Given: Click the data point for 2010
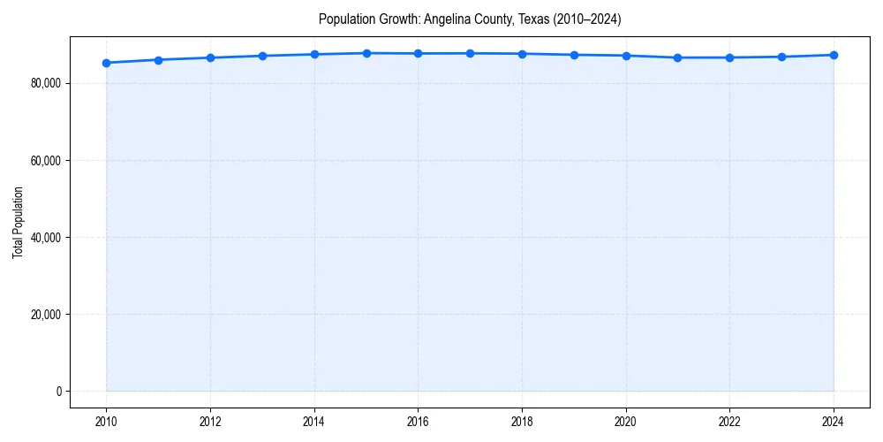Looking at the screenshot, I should point(106,63).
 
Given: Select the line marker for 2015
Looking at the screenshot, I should point(366,53).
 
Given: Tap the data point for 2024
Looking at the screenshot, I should point(834,55).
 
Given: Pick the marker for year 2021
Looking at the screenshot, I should point(677,57).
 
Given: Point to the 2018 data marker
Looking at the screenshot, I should point(522,54).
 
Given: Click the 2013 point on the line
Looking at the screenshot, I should point(262,56).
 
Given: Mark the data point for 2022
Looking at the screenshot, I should point(729,57).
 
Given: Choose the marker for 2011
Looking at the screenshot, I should point(158,60).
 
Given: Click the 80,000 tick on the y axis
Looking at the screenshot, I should point(45,83).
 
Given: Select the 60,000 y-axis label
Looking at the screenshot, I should point(45,160).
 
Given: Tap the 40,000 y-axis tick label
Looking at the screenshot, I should point(45,237).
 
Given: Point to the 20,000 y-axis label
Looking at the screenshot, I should point(45,314).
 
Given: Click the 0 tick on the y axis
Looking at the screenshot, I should point(57,391).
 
